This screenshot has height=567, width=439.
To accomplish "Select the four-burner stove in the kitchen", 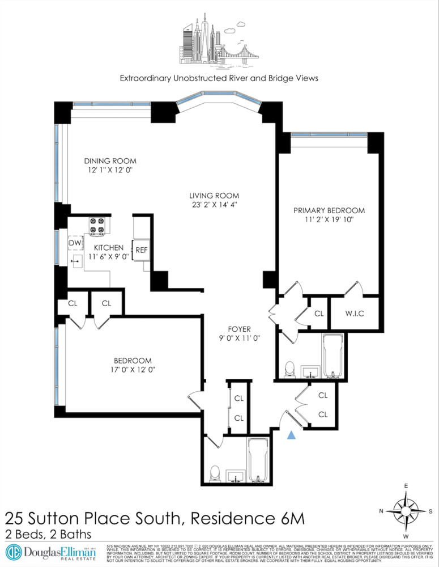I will click(98, 226).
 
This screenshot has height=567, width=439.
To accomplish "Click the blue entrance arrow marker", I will click(292, 435).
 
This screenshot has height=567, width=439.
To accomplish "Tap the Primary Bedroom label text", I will click(329, 210).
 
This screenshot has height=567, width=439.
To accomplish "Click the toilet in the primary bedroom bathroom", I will click(289, 369).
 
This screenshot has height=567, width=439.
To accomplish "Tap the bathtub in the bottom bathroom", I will click(260, 460).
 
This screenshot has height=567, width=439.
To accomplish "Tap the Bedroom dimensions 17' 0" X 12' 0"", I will click(133, 370).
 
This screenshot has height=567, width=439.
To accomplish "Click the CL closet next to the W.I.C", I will click(318, 313).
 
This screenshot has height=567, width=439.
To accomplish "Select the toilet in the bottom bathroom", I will click(215, 472).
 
